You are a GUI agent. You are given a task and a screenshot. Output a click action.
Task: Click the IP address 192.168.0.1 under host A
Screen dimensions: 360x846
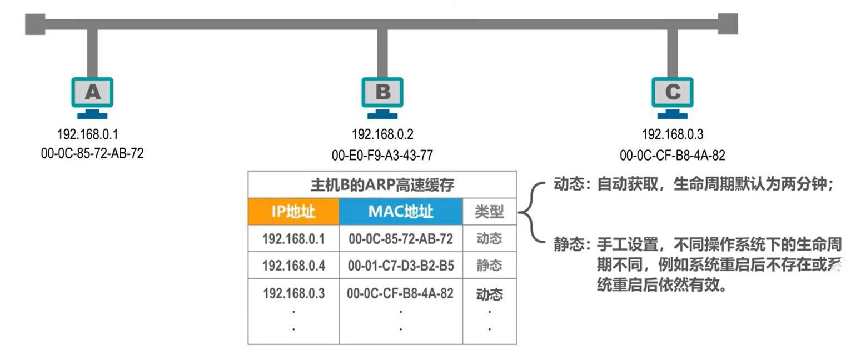[88, 134]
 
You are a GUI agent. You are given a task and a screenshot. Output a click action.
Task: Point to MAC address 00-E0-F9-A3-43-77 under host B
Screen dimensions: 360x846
[382, 156]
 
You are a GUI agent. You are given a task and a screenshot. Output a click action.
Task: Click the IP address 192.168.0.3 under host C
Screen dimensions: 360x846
[672, 134]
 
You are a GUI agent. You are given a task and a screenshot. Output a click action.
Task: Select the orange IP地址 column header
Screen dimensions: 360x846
[293, 212]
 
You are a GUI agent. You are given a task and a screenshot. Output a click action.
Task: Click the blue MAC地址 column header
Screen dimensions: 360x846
[401, 212]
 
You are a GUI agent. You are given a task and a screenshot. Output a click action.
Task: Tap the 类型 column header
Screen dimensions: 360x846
[489, 212]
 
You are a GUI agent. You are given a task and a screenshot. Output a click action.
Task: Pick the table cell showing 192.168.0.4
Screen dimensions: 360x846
[293, 266]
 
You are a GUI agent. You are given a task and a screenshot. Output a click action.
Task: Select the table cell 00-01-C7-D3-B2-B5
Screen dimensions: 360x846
[401, 266]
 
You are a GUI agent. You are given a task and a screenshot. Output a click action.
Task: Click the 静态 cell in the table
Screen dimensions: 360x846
[489, 266]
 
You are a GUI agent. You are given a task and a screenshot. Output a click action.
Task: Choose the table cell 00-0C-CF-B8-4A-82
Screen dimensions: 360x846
[400, 293]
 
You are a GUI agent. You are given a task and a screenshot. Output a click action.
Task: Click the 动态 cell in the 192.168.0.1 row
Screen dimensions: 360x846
[489, 238]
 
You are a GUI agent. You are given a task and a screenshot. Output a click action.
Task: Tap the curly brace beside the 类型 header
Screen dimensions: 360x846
[529, 212]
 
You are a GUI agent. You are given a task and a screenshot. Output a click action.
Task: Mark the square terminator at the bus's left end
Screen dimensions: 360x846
[35, 24]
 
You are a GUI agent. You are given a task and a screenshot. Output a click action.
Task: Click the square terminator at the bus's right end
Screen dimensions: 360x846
[728, 24]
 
